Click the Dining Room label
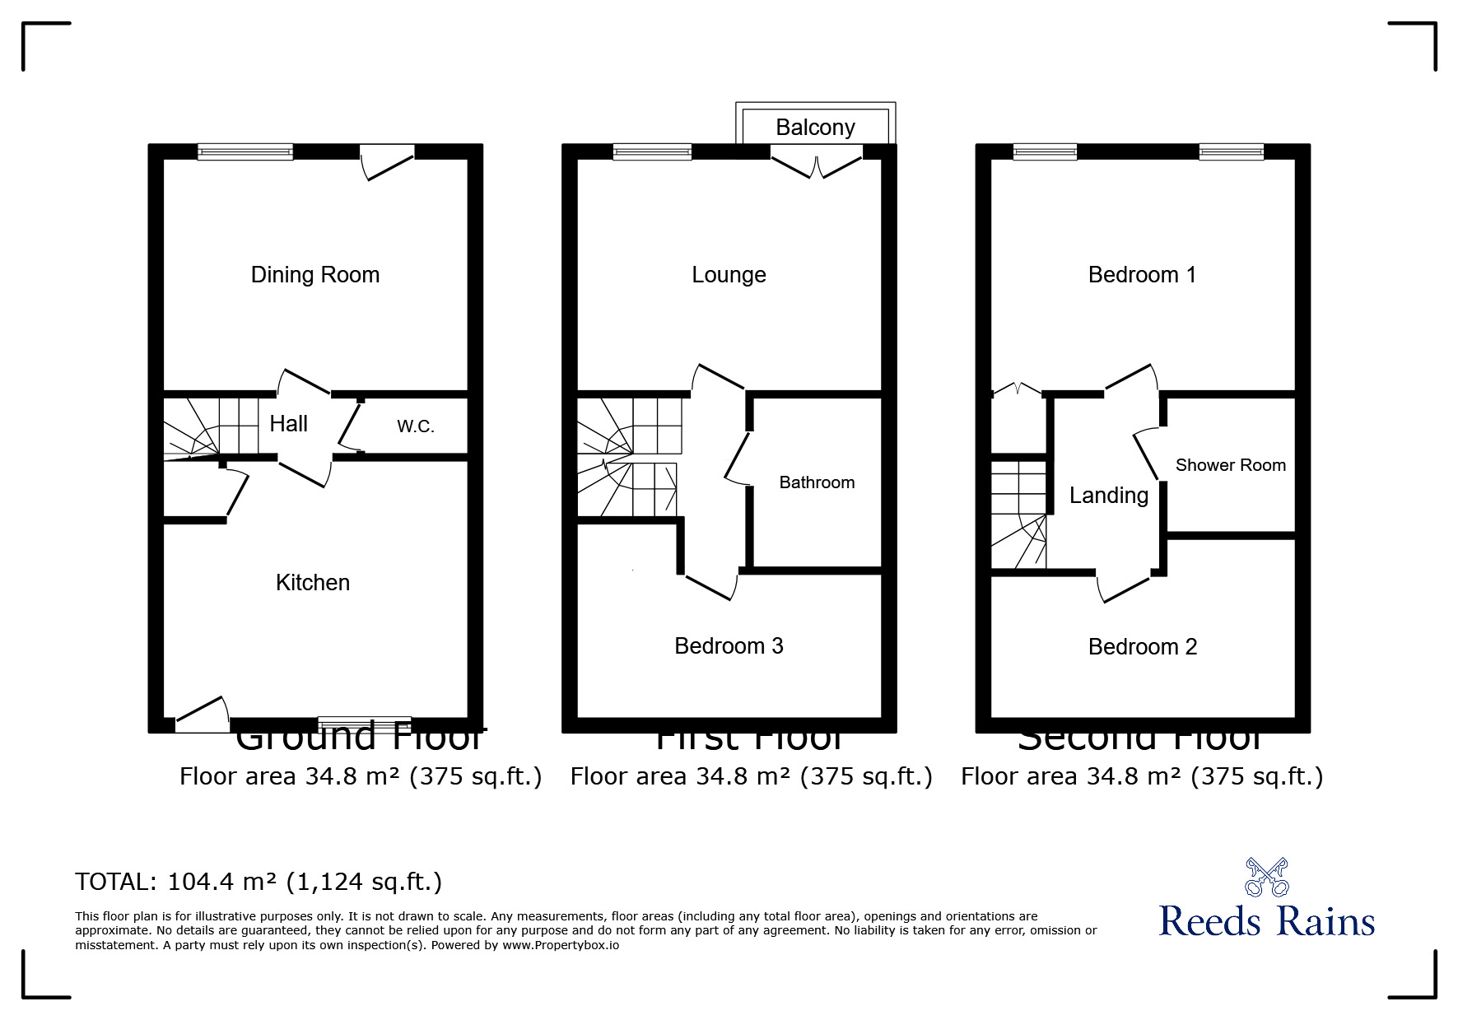coord(315,275)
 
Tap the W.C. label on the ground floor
coord(415,426)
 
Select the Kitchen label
coord(313,583)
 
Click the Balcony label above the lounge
coord(815,128)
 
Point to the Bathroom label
coord(817,482)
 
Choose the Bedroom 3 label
coord(729,646)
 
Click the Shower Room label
coord(1230,465)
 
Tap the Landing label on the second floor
coord(1108,496)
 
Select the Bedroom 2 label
coord(1142,647)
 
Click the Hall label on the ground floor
coord(288,424)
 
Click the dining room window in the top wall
coord(245,151)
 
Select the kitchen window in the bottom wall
coord(364,724)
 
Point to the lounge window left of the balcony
coord(652,151)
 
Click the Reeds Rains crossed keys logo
coord(1266,878)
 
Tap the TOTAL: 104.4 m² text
coord(259,883)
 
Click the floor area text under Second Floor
coord(1142,776)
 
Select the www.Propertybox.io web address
coord(561,945)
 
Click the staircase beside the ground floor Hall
coord(210,426)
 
